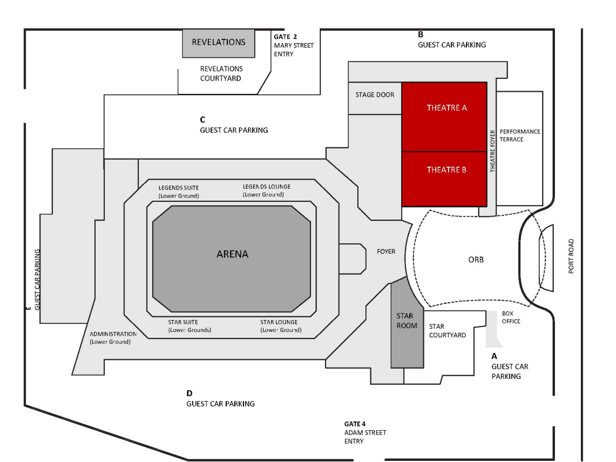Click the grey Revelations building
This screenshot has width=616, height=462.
219,43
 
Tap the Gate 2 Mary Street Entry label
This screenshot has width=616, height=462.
294,45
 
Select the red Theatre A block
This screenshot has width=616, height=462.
444,117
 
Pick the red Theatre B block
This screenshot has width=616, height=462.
444,179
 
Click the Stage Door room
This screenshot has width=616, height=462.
375,98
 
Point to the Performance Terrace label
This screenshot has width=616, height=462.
520,135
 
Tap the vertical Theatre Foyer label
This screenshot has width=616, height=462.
493,151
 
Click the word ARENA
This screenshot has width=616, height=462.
232,254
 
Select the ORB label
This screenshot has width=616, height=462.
476,260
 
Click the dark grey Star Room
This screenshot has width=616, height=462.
407,326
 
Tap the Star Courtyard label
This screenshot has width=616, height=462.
448,331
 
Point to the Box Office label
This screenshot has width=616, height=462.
511,317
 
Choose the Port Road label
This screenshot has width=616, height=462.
571,256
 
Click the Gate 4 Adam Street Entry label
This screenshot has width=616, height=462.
365,432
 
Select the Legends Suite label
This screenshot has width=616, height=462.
179,192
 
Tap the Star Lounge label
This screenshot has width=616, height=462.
281,326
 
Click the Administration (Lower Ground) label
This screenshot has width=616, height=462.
113,338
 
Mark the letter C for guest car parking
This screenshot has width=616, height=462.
202,119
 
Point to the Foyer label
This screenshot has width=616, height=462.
386,252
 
